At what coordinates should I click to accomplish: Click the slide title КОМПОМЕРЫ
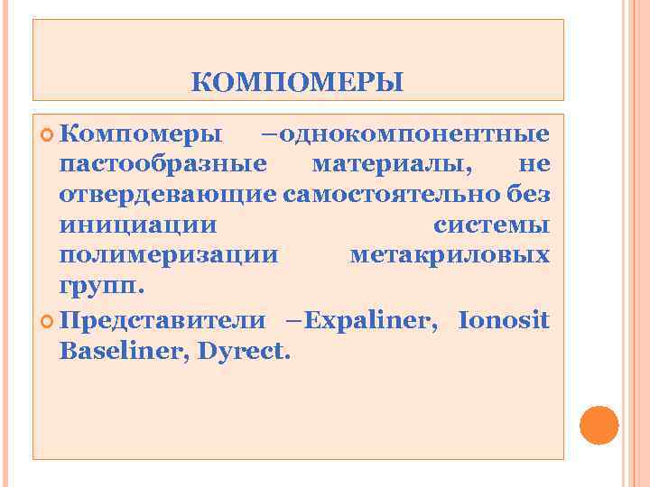pyautogui.click(x=298, y=83)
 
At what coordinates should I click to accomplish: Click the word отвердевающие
pyautogui.click(x=168, y=195)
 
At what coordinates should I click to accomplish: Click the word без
pyautogui.click(x=529, y=195)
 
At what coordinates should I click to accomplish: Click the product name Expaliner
pyautogui.click(x=374, y=319)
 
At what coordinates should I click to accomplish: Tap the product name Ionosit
pyautogui.click(x=504, y=319)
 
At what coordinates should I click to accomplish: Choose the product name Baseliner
pyautogui.click(x=119, y=350)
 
